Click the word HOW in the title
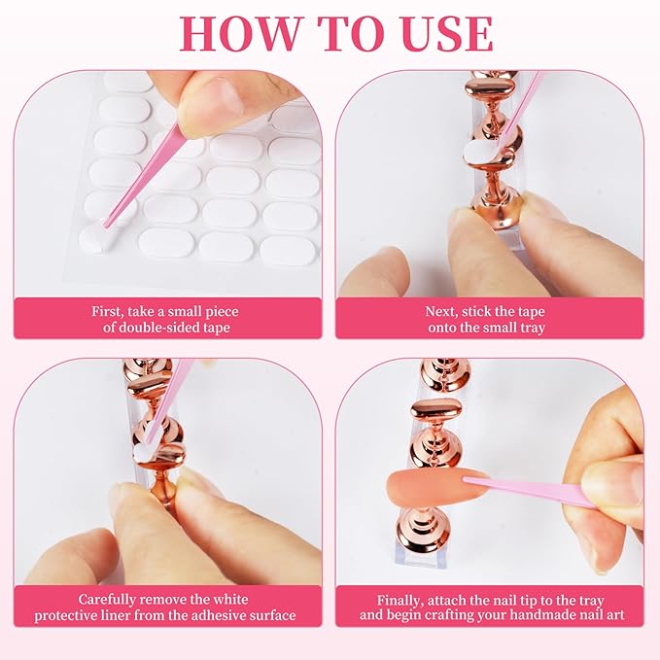pos(239,34)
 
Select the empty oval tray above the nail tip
pos(436,408)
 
